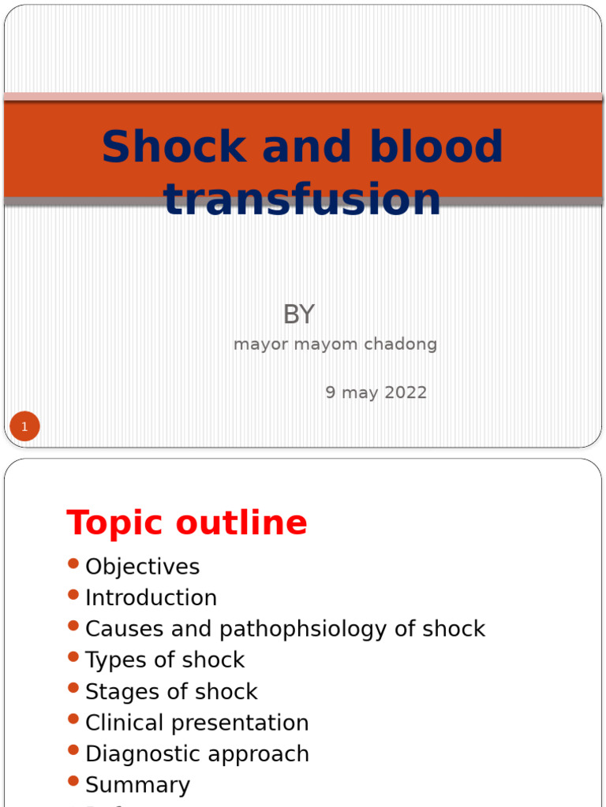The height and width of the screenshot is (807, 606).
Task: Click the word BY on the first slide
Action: (x=298, y=315)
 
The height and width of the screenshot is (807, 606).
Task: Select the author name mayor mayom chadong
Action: (x=335, y=344)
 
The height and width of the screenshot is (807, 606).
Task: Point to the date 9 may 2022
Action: (x=376, y=392)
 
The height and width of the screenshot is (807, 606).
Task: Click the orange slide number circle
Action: (x=24, y=427)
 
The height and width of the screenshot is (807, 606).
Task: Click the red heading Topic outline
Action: (x=187, y=523)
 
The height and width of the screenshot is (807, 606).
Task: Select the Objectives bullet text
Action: (x=142, y=567)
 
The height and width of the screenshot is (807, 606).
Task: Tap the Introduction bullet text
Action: (x=151, y=597)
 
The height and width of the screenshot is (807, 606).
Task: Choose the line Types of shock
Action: (x=165, y=660)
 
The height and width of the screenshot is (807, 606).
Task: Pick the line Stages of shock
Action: (x=171, y=691)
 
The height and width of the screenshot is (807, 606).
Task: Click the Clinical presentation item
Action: (x=196, y=723)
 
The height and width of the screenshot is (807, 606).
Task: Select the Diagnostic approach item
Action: (x=196, y=753)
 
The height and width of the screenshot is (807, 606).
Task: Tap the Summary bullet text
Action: (x=137, y=785)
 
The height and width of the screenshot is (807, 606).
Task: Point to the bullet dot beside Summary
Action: (x=73, y=781)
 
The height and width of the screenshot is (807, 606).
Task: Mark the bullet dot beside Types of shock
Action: (x=73, y=656)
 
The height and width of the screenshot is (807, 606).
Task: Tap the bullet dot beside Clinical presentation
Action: (x=73, y=719)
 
